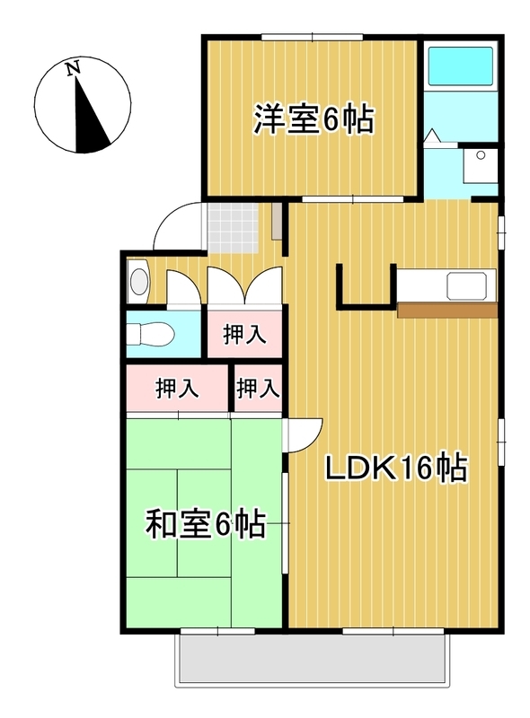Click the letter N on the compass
coord(74,67)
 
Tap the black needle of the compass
coord(93,121)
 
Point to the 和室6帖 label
coord(206,523)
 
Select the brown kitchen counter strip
coord(446,311)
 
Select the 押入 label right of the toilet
coord(244,336)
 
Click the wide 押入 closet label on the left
coord(177,389)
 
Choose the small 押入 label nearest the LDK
coord(258,389)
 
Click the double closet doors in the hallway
coord(243,287)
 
